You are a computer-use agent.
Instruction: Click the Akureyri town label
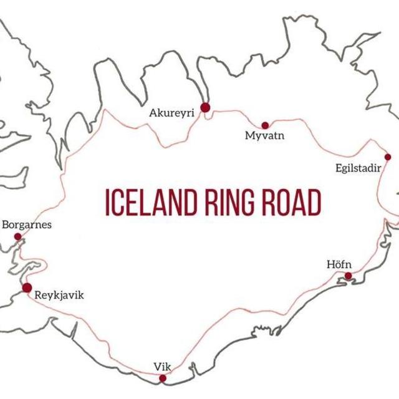coord(171,113)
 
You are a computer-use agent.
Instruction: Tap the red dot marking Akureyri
coord(205,108)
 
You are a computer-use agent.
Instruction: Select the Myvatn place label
coord(264,135)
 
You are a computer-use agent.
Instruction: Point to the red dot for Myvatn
coord(265,125)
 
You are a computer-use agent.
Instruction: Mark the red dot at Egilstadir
coord(387,157)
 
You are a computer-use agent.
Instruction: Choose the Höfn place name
coord(339,264)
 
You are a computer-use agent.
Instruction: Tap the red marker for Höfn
coord(348,276)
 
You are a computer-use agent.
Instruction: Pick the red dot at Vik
coord(163,378)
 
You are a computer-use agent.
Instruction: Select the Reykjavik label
coord(59,296)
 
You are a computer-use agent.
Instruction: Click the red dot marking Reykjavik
coord(27,287)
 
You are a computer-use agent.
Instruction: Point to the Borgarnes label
coord(27,224)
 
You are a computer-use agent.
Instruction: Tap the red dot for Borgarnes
coord(17,237)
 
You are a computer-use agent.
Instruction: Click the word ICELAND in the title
coord(146,203)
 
